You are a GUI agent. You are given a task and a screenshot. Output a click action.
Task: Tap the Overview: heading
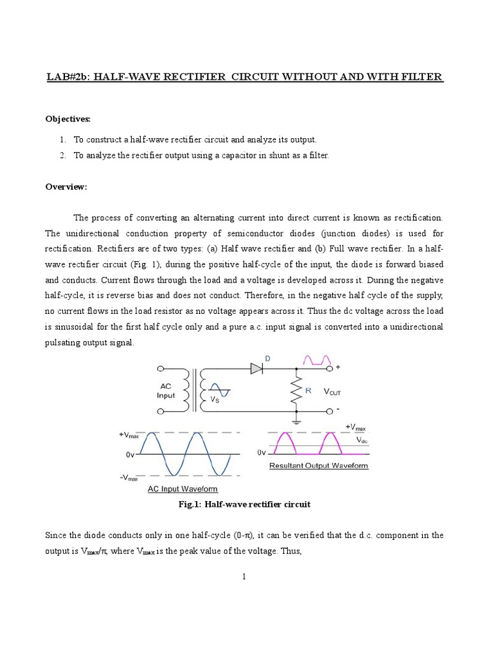click(x=66, y=187)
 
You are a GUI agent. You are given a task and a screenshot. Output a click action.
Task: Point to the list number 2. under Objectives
click(x=62, y=155)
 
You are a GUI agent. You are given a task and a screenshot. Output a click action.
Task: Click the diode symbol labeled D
click(x=257, y=368)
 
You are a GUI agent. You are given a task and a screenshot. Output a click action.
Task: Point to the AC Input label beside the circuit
click(x=166, y=390)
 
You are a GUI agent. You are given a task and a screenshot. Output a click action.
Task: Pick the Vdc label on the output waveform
click(x=362, y=440)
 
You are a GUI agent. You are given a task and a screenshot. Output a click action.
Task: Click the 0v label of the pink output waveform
click(x=261, y=452)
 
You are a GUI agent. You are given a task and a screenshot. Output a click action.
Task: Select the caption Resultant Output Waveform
click(x=318, y=465)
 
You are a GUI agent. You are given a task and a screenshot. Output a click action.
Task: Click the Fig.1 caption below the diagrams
click(x=244, y=504)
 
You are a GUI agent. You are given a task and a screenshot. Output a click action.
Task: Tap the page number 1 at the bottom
click(x=244, y=577)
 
